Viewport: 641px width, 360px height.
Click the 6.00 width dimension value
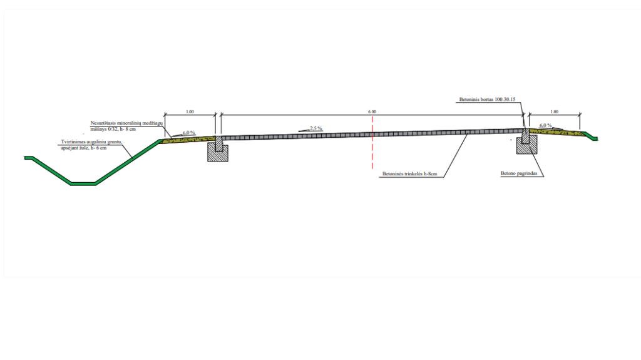(x=372, y=111)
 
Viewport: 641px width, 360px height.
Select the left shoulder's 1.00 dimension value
(x=190, y=111)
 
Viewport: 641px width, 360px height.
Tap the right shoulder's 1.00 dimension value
(x=554, y=111)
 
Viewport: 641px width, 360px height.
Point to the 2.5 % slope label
(x=315, y=128)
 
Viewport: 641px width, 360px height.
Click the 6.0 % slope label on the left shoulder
(x=188, y=133)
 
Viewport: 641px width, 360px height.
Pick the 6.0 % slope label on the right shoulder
(x=545, y=125)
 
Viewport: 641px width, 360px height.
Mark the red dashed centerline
(x=372, y=150)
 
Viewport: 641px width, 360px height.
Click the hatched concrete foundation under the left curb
(x=218, y=153)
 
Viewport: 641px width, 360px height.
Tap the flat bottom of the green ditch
(x=83, y=183)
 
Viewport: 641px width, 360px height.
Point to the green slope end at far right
(x=593, y=138)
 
